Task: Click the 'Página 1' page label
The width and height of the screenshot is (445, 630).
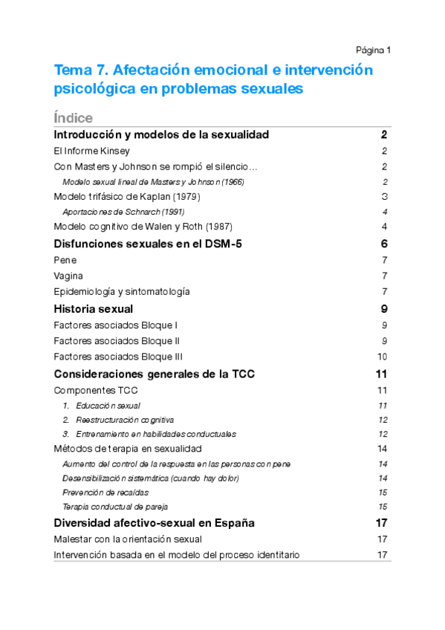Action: [x=373, y=51]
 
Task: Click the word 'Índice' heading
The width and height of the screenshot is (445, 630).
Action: [x=73, y=118]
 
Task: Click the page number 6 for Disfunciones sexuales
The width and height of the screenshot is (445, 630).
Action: [x=384, y=244]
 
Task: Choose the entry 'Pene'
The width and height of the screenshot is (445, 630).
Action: [x=65, y=260]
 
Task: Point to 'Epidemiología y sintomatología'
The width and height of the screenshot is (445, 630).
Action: [x=122, y=291]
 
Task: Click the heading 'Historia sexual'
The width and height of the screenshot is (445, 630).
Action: [x=94, y=308]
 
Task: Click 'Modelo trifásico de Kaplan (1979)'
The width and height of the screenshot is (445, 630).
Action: [x=128, y=197]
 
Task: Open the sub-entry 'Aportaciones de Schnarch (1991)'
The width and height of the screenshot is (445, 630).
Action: [x=123, y=212]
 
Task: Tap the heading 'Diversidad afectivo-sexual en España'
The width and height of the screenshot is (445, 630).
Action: [x=155, y=523]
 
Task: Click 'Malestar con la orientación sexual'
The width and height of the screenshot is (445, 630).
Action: [x=128, y=539]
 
